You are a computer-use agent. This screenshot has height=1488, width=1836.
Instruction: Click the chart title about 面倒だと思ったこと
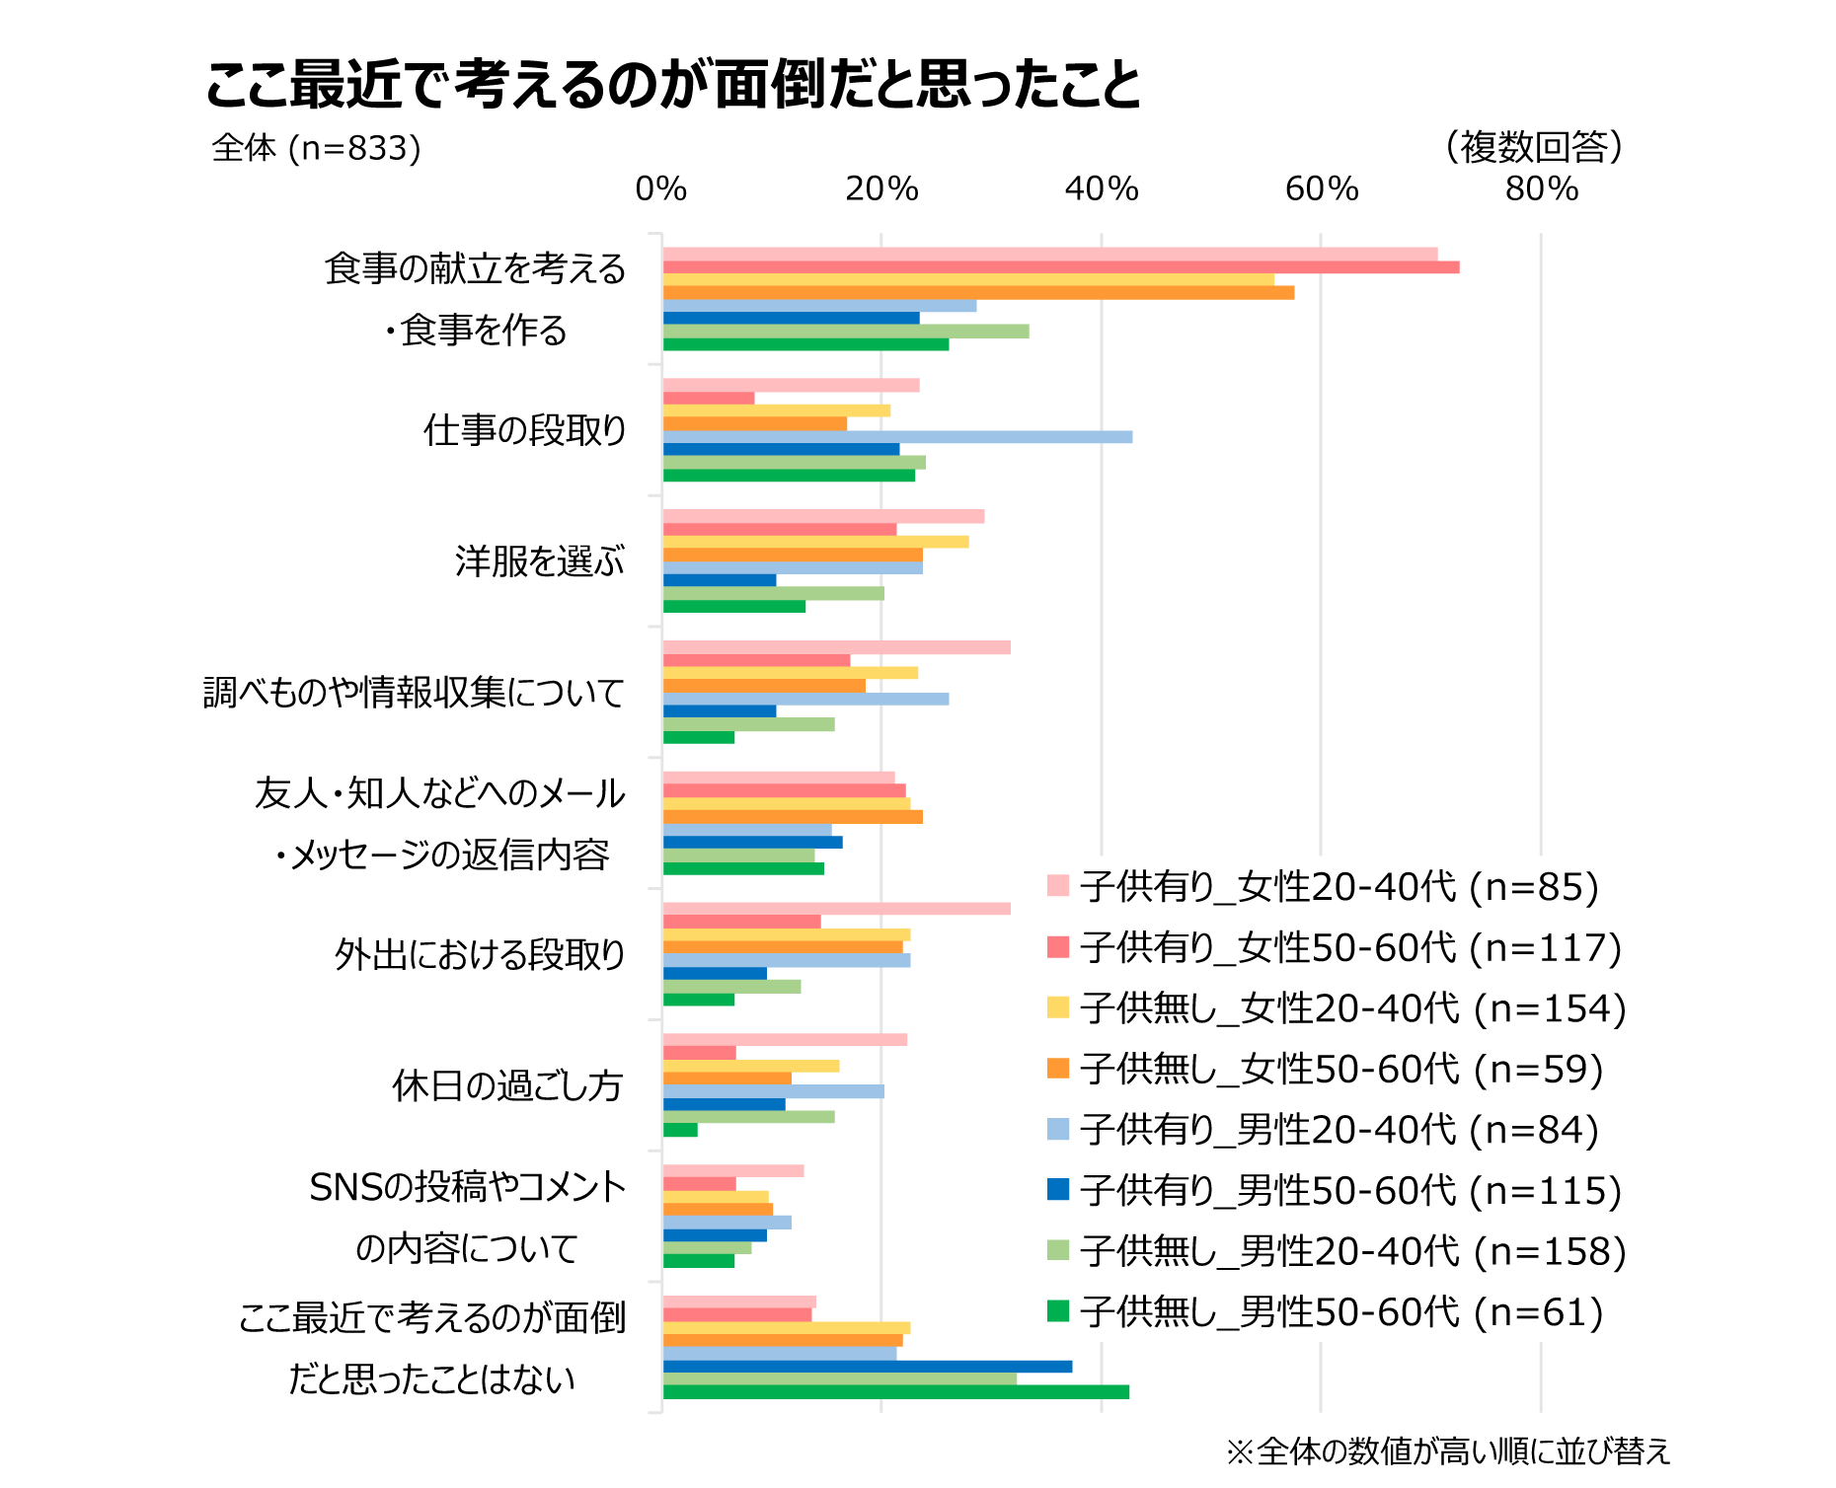(673, 85)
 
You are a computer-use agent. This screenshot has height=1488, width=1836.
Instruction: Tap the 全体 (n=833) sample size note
(316, 148)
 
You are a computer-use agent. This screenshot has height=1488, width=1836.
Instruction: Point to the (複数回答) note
(1534, 147)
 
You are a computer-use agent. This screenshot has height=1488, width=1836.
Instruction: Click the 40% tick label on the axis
(1102, 188)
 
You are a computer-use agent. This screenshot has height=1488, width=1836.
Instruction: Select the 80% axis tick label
(1541, 188)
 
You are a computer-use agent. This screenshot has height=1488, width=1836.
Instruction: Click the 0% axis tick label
(661, 188)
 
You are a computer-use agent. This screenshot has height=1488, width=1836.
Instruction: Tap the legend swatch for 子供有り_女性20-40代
(1058, 886)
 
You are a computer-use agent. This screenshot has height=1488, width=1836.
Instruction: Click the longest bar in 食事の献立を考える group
(1061, 267)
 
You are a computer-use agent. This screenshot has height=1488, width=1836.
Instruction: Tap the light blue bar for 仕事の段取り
(897, 437)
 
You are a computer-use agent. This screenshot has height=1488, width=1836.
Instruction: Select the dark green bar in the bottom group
(895, 1392)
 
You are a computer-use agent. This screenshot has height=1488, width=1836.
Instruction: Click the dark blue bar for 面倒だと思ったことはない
(867, 1367)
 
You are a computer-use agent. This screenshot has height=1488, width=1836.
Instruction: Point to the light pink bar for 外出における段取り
(836, 909)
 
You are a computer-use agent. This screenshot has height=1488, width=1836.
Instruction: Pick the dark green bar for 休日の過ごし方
(680, 1130)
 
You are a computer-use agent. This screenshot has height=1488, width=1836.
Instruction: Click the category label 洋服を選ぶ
(540, 561)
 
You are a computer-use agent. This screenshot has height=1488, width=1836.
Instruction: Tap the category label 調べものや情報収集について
(414, 693)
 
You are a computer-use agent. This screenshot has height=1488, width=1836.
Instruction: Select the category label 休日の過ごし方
(507, 1085)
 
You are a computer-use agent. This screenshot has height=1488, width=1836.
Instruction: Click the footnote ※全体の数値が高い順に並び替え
(1448, 1451)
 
